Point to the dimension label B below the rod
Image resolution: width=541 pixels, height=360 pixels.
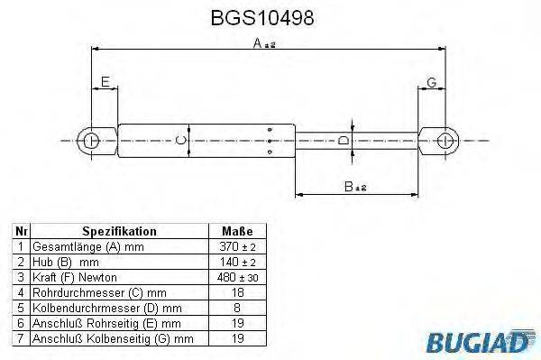(347, 186)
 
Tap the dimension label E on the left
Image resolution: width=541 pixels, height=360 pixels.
(105, 82)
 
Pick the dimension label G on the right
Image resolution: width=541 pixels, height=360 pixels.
(431, 82)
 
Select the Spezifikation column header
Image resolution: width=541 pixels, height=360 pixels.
(119, 231)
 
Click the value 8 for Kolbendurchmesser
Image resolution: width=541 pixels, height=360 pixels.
(236, 308)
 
